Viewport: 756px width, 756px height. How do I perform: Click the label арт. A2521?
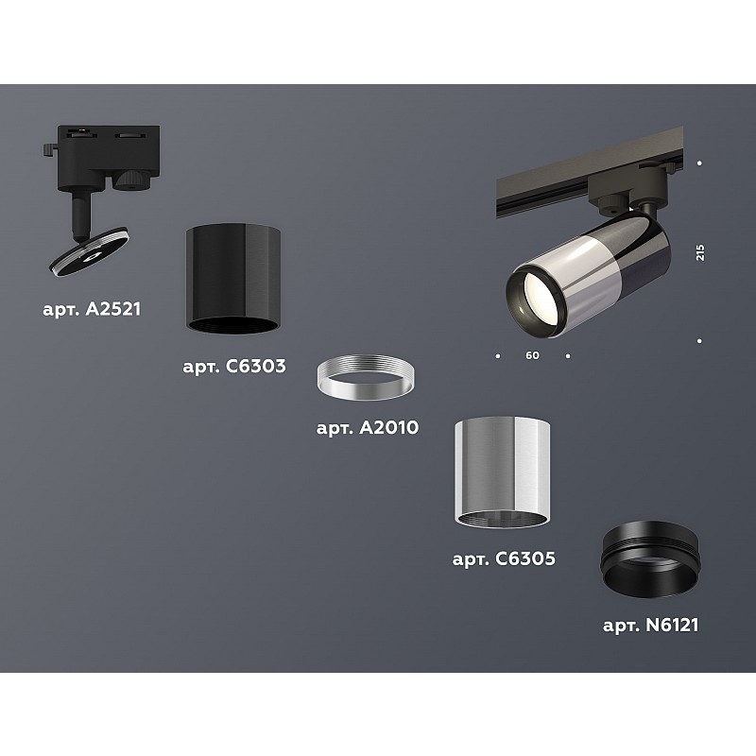92,309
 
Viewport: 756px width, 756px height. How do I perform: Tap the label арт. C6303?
234,367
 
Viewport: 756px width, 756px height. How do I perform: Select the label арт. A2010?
368,428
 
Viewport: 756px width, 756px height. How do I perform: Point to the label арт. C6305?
504,558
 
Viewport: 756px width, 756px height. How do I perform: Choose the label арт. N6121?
650,626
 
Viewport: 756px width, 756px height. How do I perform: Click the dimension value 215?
700,252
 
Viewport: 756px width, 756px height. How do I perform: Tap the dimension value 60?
532,355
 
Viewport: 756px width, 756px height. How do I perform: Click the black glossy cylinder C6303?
233,278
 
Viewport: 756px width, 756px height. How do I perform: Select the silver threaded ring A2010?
365,378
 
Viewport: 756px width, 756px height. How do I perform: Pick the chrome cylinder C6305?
502,472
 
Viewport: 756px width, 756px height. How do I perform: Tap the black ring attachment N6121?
649,559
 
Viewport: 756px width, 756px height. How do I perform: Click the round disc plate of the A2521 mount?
89,251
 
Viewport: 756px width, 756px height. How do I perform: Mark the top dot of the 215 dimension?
699,163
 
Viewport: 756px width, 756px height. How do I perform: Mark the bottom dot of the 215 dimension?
699,341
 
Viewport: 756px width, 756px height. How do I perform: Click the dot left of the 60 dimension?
498,356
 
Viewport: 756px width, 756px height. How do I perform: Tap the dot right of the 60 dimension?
568,356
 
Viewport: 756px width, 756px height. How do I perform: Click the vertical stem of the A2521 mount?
81,214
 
